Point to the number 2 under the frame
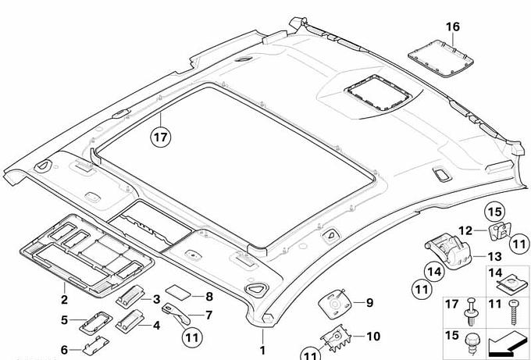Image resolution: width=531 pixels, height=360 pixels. click(64, 299)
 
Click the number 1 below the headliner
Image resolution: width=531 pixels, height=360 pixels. click(263, 351)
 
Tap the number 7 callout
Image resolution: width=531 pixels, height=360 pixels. click(208, 315)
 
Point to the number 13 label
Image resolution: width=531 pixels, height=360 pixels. click(494, 256)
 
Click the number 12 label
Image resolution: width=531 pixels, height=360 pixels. click(465, 230)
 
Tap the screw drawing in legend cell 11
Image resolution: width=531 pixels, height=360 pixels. click(515, 315)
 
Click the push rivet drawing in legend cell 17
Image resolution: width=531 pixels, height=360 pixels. click(471, 312)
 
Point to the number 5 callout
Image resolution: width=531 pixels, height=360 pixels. click(66, 319)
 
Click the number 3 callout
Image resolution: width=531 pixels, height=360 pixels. click(156, 299)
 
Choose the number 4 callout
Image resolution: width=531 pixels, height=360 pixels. click(155, 325)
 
